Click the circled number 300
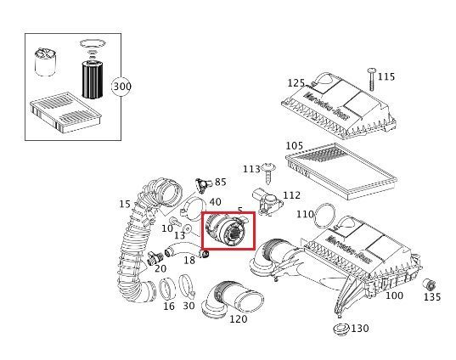121,87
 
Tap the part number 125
296,83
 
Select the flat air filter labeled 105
341,172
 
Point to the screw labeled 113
268,173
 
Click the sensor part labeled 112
267,201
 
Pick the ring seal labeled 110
325,217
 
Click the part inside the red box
225,231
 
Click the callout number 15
125,204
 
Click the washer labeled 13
188,229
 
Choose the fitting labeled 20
155,258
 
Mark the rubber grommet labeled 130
341,329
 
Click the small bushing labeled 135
429,284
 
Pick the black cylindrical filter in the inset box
91,78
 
